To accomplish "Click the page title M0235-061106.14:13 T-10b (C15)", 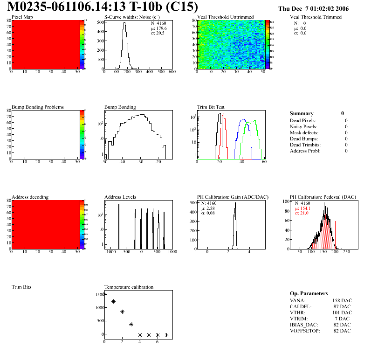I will pos(103,7).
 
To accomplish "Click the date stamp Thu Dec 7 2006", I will pos(313,9).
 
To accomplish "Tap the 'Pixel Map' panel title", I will pos(22,17).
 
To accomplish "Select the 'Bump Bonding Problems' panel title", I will pos(37,107).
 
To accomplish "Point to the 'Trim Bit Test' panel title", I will pos(211,107).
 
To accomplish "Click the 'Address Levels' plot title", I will pos(120,197).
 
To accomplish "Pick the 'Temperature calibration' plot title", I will pos(129,287).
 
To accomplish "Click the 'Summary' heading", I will pos(302,113).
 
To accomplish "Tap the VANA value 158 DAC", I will pos(342,300).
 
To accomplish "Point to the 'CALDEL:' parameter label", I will pos(301,306).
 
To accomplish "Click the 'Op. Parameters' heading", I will pos(309,293).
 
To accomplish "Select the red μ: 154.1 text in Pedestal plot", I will pos(302,208).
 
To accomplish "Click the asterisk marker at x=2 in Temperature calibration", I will pos(122,312).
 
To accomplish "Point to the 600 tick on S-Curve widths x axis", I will pos(172,72).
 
